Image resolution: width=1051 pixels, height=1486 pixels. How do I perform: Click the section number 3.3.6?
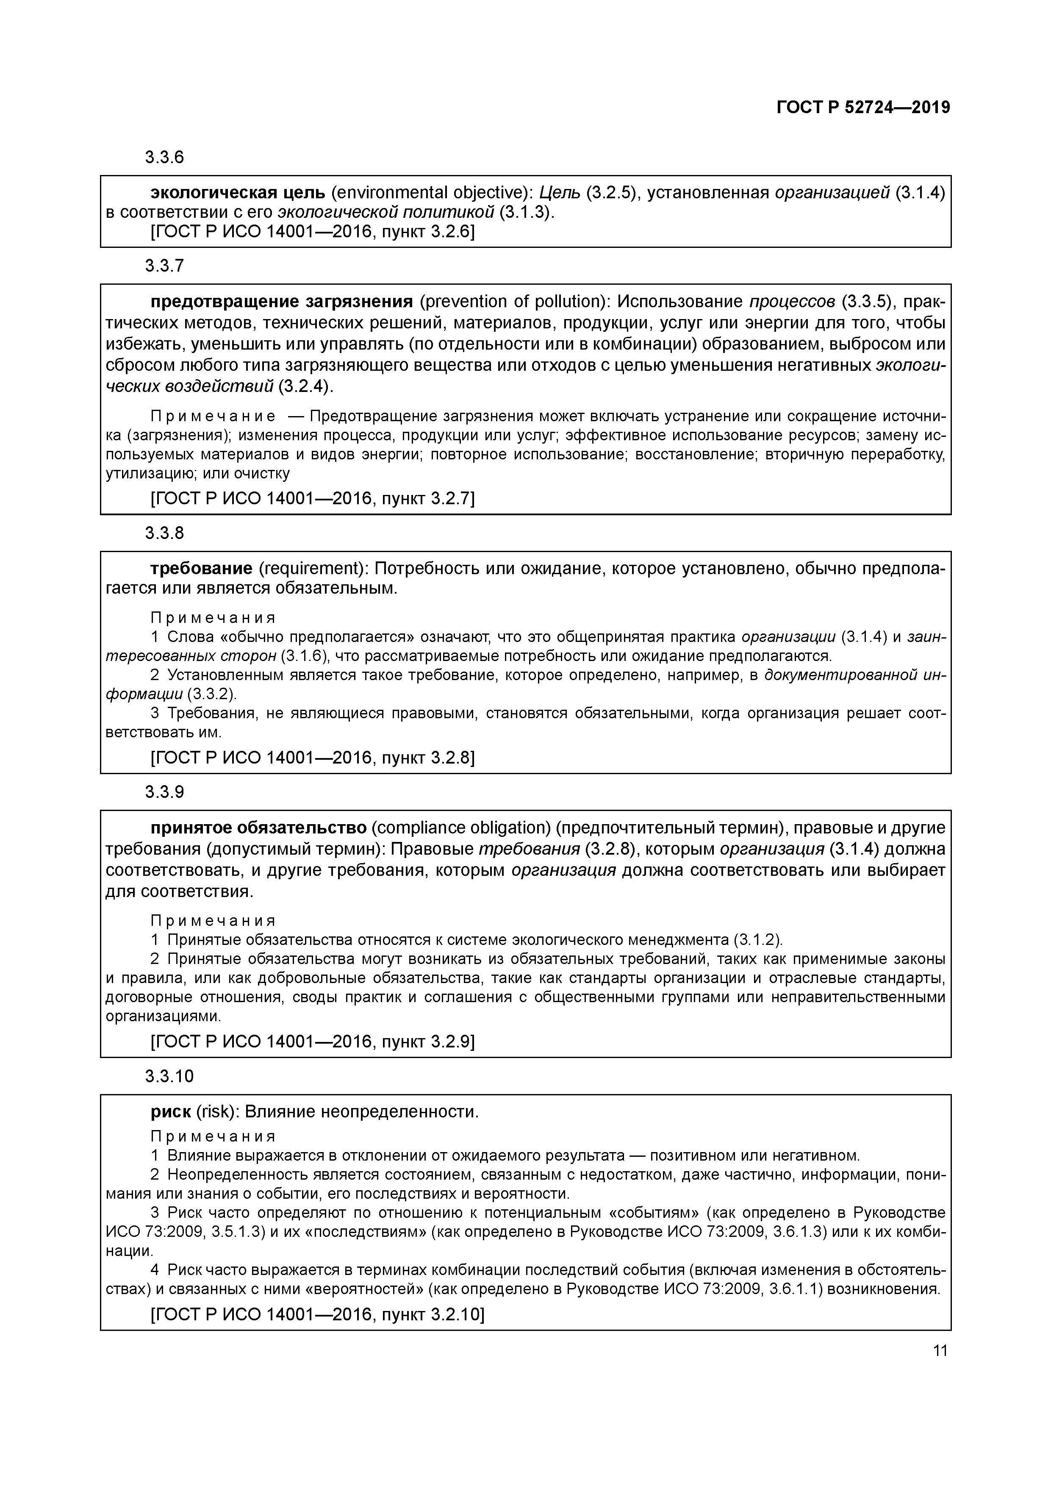pyautogui.click(x=164, y=157)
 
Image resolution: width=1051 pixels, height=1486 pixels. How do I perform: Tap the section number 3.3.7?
pyautogui.click(x=164, y=265)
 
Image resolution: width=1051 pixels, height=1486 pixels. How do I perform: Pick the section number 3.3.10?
pyautogui.click(x=169, y=1076)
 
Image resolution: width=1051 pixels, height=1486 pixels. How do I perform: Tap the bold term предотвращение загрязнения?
pyautogui.click(x=282, y=302)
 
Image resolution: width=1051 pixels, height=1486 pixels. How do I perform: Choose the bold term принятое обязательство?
pyautogui.click(x=259, y=828)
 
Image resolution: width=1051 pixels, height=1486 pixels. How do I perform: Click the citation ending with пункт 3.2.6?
pyautogui.click(x=312, y=231)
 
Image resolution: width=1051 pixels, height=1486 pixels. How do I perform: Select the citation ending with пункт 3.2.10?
pyautogui.click(x=317, y=1314)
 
